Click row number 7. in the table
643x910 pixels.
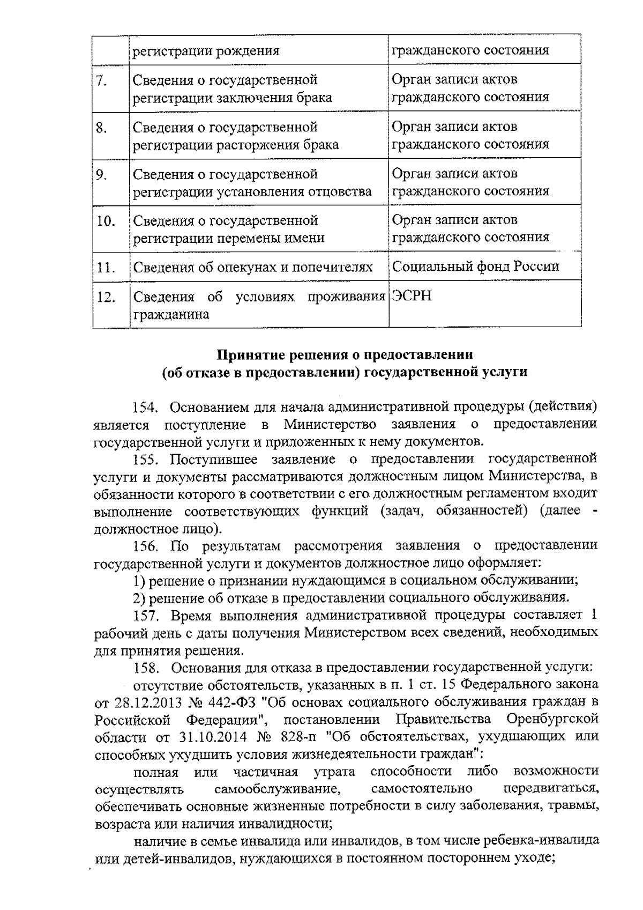pos(102,81)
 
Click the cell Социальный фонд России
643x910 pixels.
pos(476,267)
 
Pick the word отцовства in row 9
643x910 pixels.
pos(342,192)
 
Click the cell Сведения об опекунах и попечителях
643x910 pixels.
pos(252,267)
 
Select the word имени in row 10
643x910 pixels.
pos(306,238)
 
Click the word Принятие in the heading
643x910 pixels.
pos(250,354)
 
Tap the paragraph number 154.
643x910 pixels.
pos(145,407)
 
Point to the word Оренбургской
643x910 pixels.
pos(552,719)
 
